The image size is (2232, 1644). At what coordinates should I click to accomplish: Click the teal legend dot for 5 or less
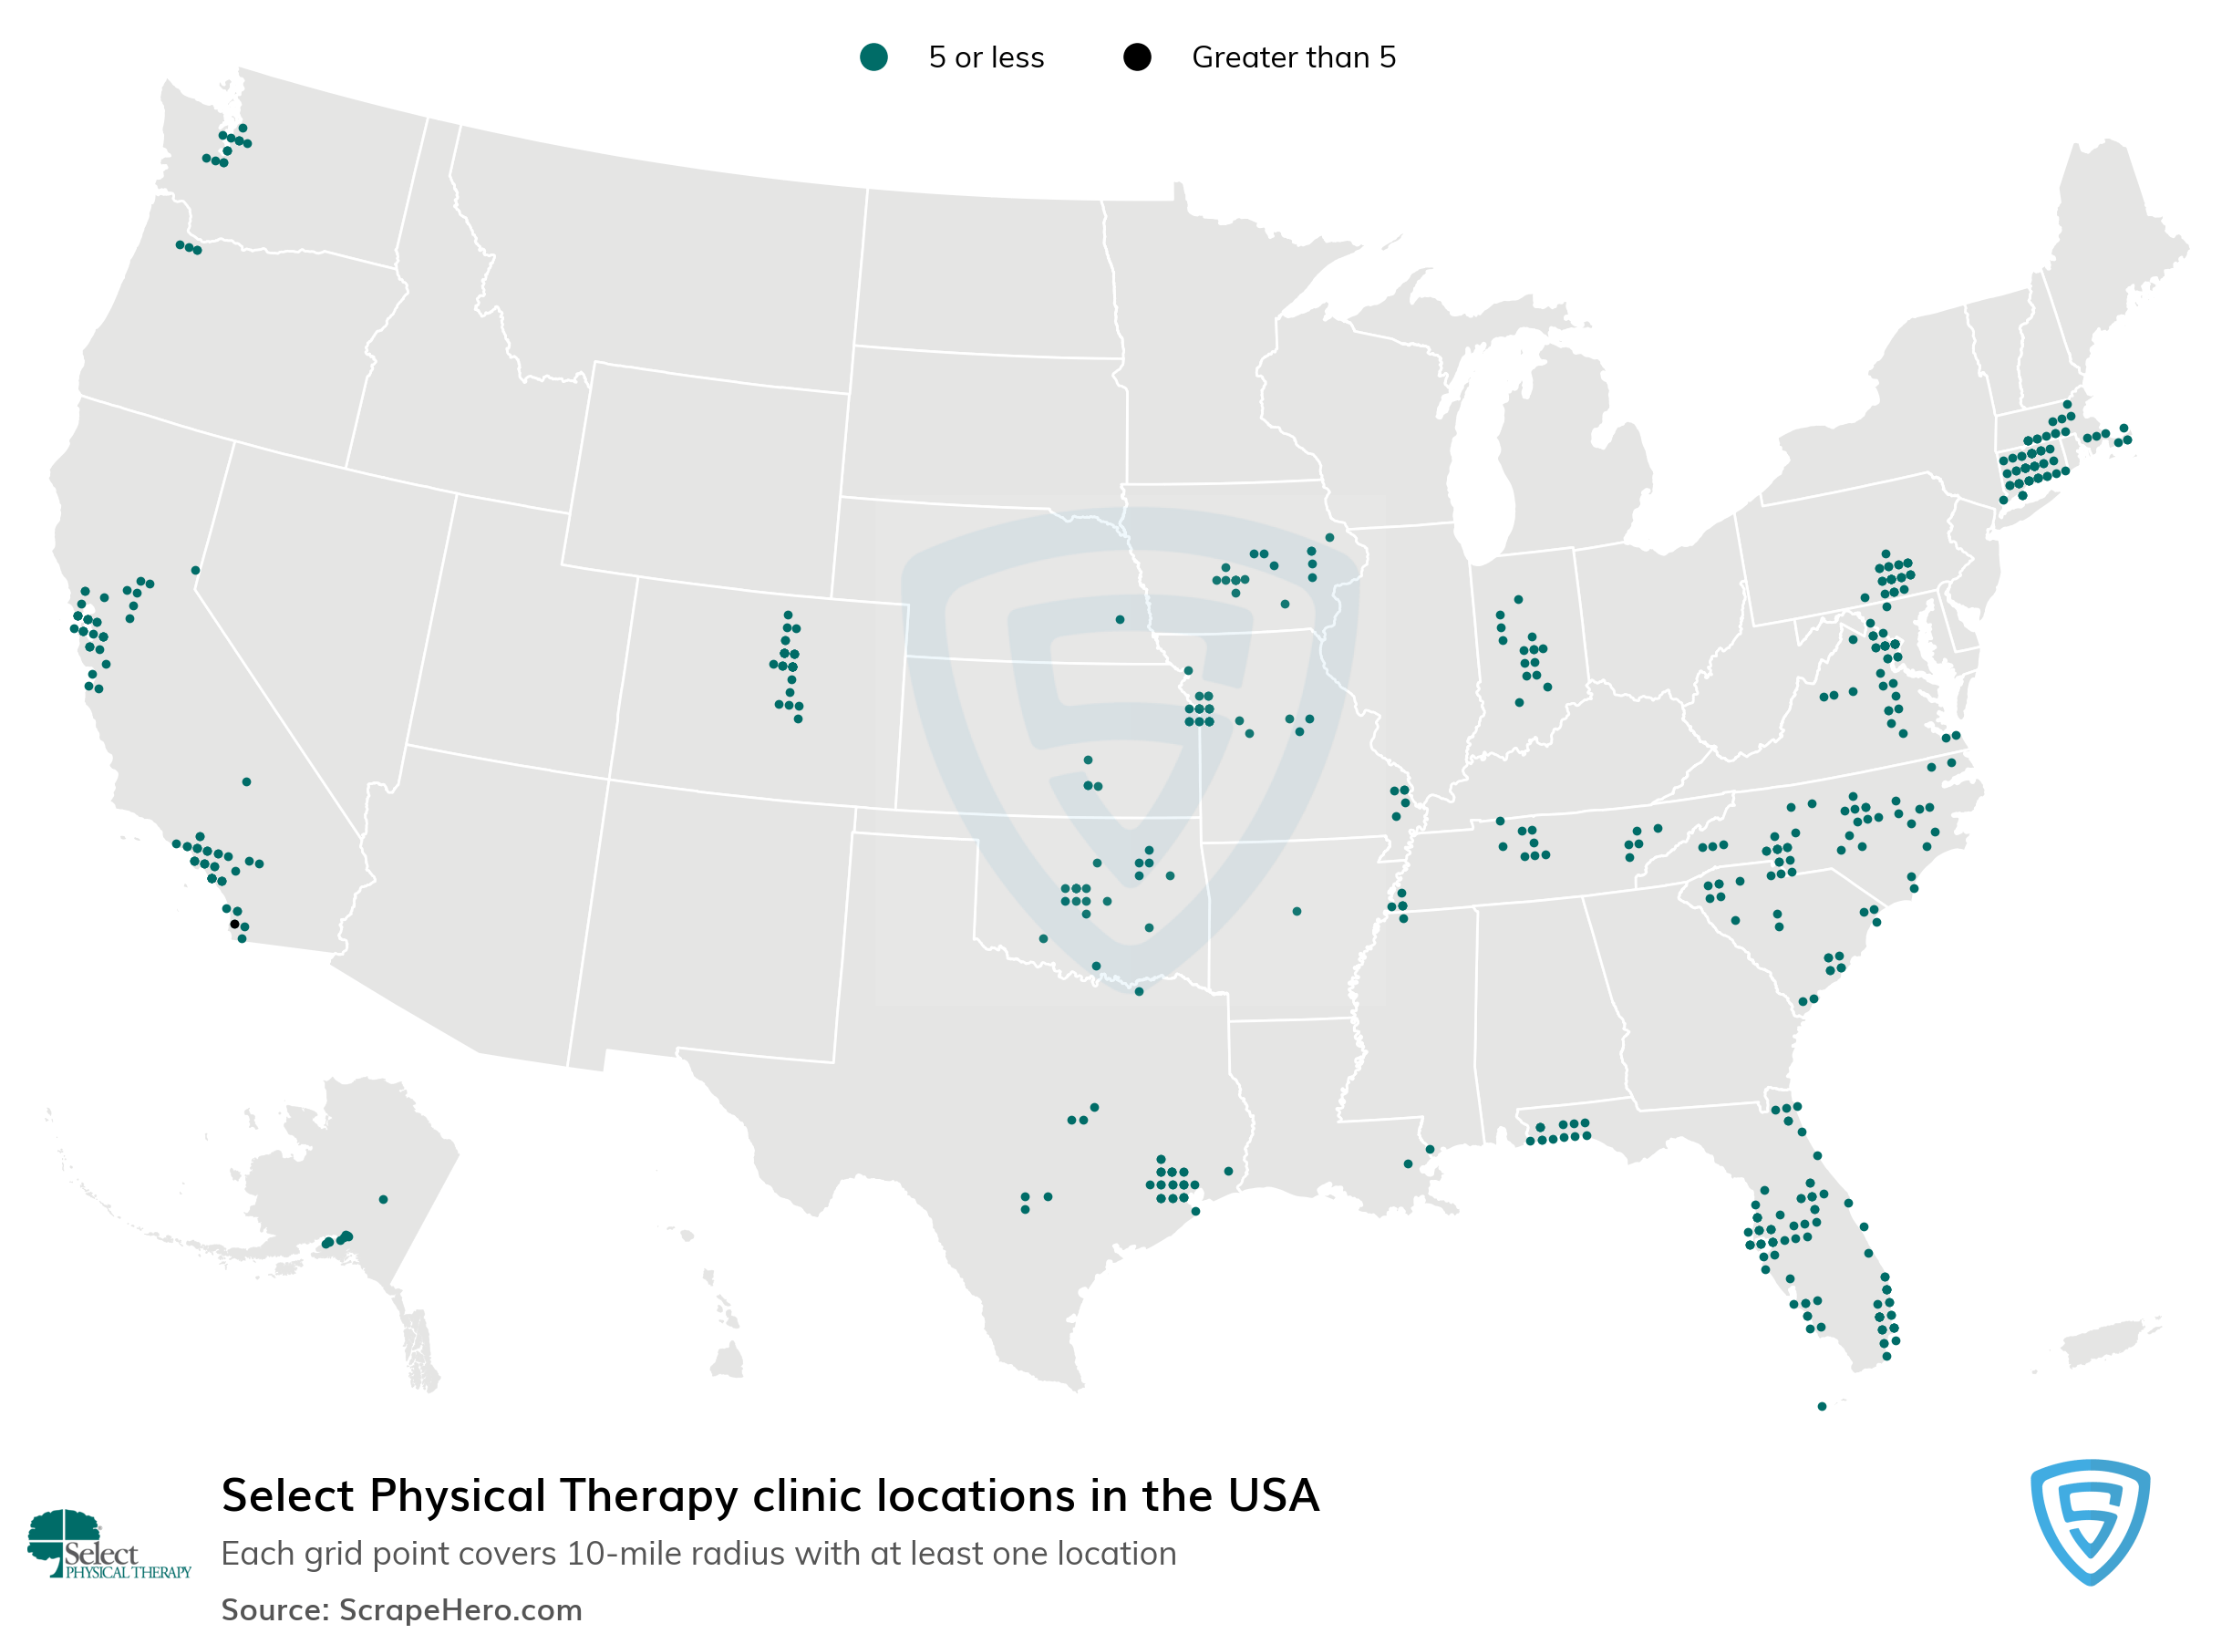pyautogui.click(x=873, y=57)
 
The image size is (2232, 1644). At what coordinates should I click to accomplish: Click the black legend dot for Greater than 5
pyautogui.click(x=1137, y=57)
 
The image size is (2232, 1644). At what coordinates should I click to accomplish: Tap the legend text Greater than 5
pyautogui.click(x=1294, y=57)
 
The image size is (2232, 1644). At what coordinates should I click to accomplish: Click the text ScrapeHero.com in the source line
pyautogui.click(x=460, y=1610)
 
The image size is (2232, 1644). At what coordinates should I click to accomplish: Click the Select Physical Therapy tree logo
pyautogui.click(x=65, y=1538)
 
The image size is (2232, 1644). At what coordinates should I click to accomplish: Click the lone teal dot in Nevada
pyautogui.click(x=196, y=571)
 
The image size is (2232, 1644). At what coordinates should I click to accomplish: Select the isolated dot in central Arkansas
pyautogui.click(x=1297, y=912)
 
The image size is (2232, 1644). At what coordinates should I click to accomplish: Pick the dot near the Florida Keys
pyautogui.click(x=1822, y=1406)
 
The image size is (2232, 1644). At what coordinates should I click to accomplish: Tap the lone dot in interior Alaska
pyautogui.click(x=383, y=1200)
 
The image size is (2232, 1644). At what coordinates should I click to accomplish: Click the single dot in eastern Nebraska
pyautogui.click(x=1121, y=620)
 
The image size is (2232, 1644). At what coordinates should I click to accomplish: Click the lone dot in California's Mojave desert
pyautogui.click(x=247, y=782)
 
